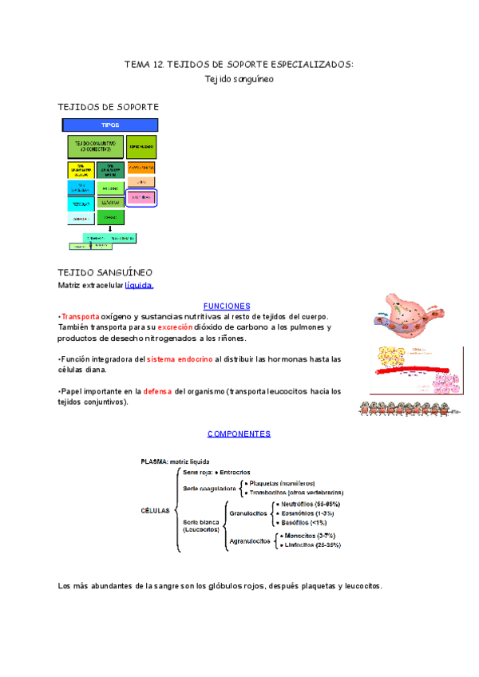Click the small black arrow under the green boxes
(x=110, y=228)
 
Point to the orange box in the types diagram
(x=141, y=167)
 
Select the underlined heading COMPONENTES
(x=239, y=434)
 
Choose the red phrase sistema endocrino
(x=180, y=359)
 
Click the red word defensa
(x=157, y=391)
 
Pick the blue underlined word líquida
(x=139, y=285)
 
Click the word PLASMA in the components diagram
(x=154, y=461)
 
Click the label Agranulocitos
(x=249, y=540)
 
